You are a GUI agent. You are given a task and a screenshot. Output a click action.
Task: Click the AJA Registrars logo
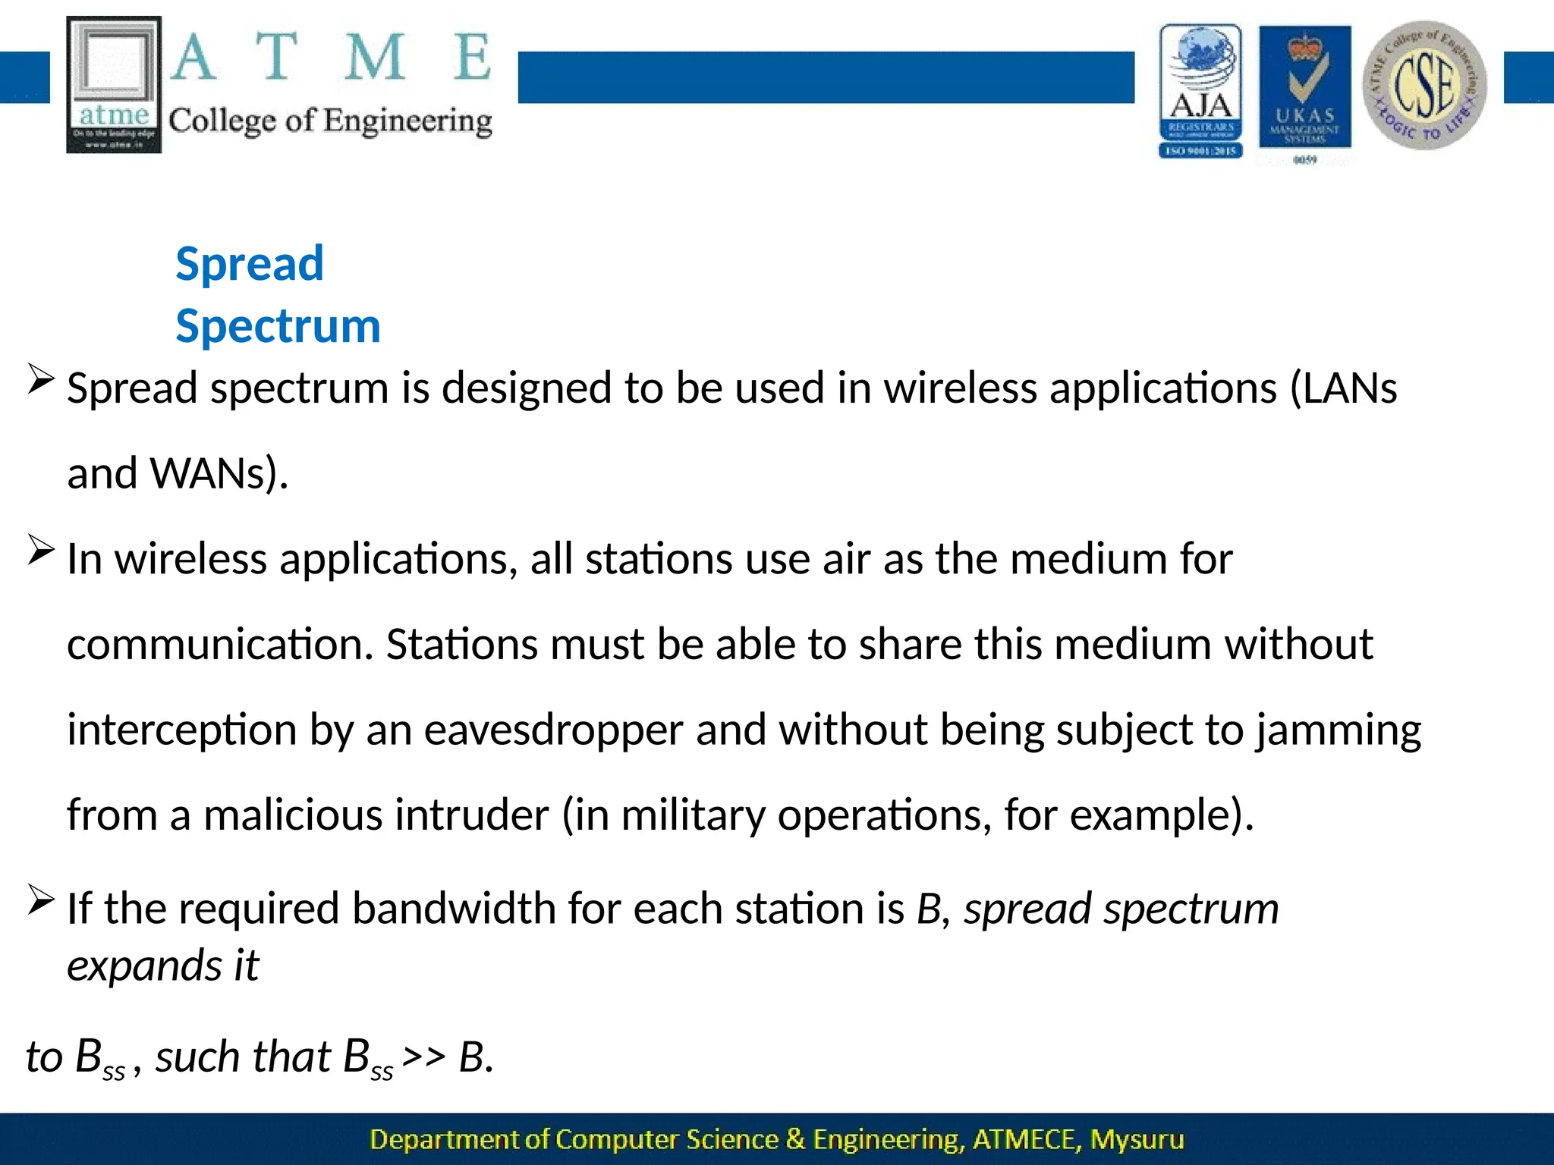tap(1200, 91)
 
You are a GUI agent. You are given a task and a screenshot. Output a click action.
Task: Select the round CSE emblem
tap(1424, 85)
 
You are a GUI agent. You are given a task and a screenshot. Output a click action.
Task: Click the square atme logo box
tap(115, 84)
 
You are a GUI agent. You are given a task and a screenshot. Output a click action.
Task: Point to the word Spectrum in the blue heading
tap(278, 326)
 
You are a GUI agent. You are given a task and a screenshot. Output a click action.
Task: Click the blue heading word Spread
tap(250, 264)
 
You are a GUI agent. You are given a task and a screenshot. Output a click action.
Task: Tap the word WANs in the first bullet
tap(214, 473)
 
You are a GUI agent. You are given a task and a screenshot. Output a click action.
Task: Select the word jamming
tap(1338, 730)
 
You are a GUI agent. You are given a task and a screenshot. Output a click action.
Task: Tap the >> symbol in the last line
tap(423, 1056)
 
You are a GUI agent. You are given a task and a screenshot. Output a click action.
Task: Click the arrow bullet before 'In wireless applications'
tap(40, 549)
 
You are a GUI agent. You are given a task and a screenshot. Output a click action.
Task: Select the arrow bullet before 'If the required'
tap(40, 900)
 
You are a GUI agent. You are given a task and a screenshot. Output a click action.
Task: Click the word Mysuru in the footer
tap(1137, 1139)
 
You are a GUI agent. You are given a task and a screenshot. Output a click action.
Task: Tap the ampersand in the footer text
tap(795, 1139)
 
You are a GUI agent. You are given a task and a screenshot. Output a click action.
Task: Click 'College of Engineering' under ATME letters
tap(330, 121)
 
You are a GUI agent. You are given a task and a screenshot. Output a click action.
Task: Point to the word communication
tap(220, 645)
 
